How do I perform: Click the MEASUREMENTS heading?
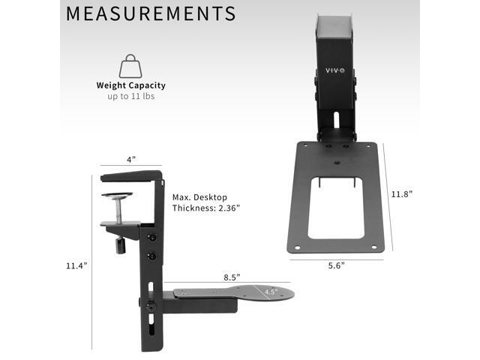pos(150,13)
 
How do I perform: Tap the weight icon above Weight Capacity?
pos(130,65)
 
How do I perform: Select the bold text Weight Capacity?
pos(130,85)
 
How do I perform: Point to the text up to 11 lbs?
pos(130,97)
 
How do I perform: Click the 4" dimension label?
pos(130,160)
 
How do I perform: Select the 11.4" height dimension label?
pos(76,265)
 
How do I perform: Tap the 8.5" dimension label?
pos(230,277)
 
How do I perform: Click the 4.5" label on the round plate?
pos(271,292)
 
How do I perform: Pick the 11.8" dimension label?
pos(401,193)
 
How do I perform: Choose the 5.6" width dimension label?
pos(335,265)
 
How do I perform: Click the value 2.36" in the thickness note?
pos(225,208)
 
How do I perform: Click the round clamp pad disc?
pos(118,196)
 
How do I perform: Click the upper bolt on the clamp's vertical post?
pos(153,238)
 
